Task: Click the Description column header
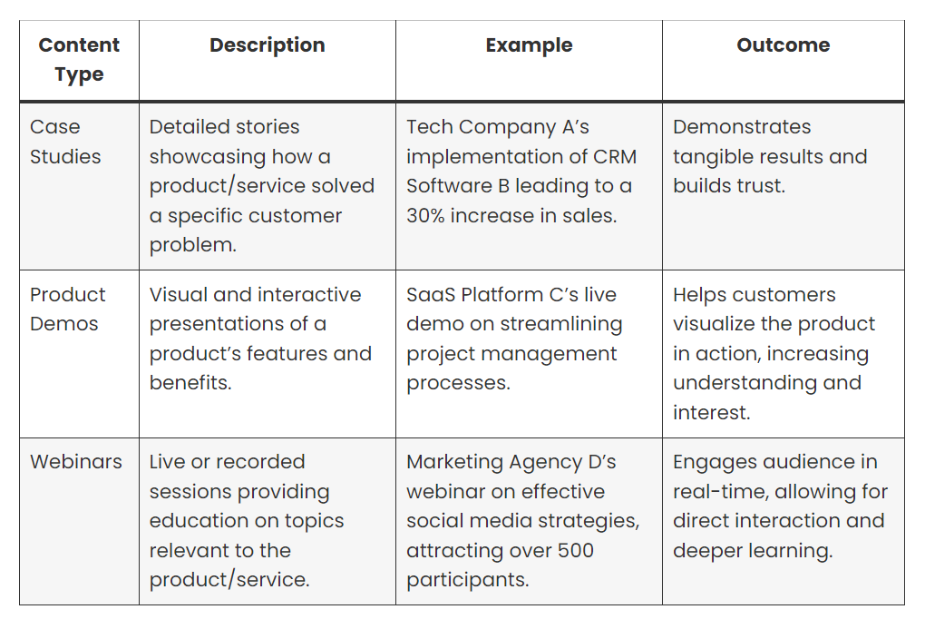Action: (268, 44)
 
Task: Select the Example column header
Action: (530, 44)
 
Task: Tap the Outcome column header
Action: (784, 44)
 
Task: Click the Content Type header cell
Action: (79, 60)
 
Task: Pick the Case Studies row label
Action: (65, 142)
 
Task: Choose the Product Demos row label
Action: (68, 309)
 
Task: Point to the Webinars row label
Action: (76, 461)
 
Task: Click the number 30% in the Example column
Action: (425, 216)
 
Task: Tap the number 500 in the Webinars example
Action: (575, 550)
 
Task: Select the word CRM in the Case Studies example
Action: (615, 156)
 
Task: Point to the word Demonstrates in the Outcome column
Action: (742, 127)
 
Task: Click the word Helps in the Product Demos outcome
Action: (700, 296)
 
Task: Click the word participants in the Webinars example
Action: (468, 581)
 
